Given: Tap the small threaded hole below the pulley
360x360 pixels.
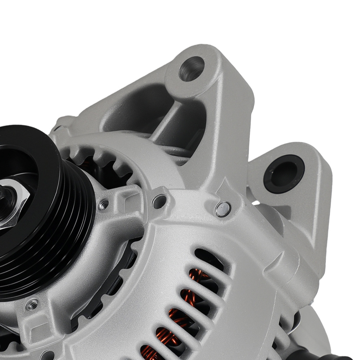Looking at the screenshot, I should (x=32, y=305).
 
